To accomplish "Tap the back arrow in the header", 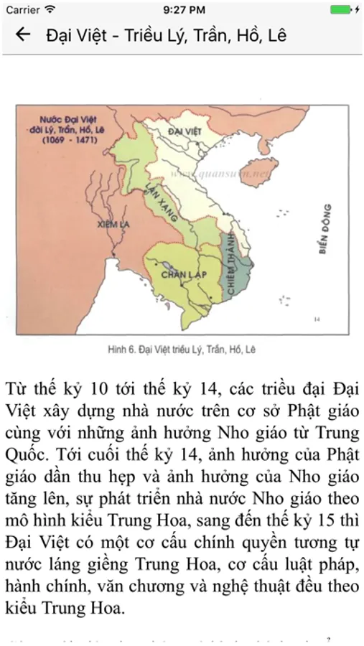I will tap(23, 34).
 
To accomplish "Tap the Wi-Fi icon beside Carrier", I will tap(50, 10).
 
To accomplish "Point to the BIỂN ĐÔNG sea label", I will tap(327, 228).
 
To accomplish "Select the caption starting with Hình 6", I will tap(182, 350).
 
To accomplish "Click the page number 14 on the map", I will tap(317, 317).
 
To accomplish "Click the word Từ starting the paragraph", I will tap(17, 390).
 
